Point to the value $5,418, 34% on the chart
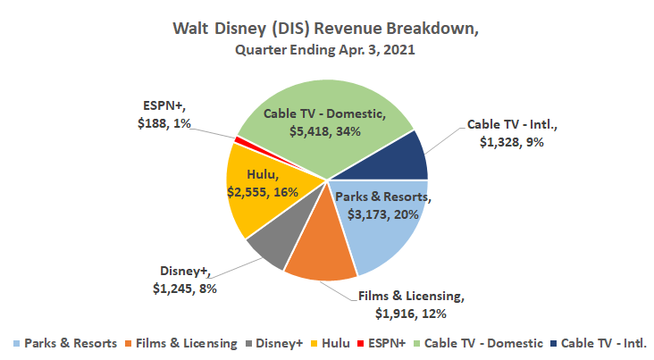324,131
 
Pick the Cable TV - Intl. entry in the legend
602,343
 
